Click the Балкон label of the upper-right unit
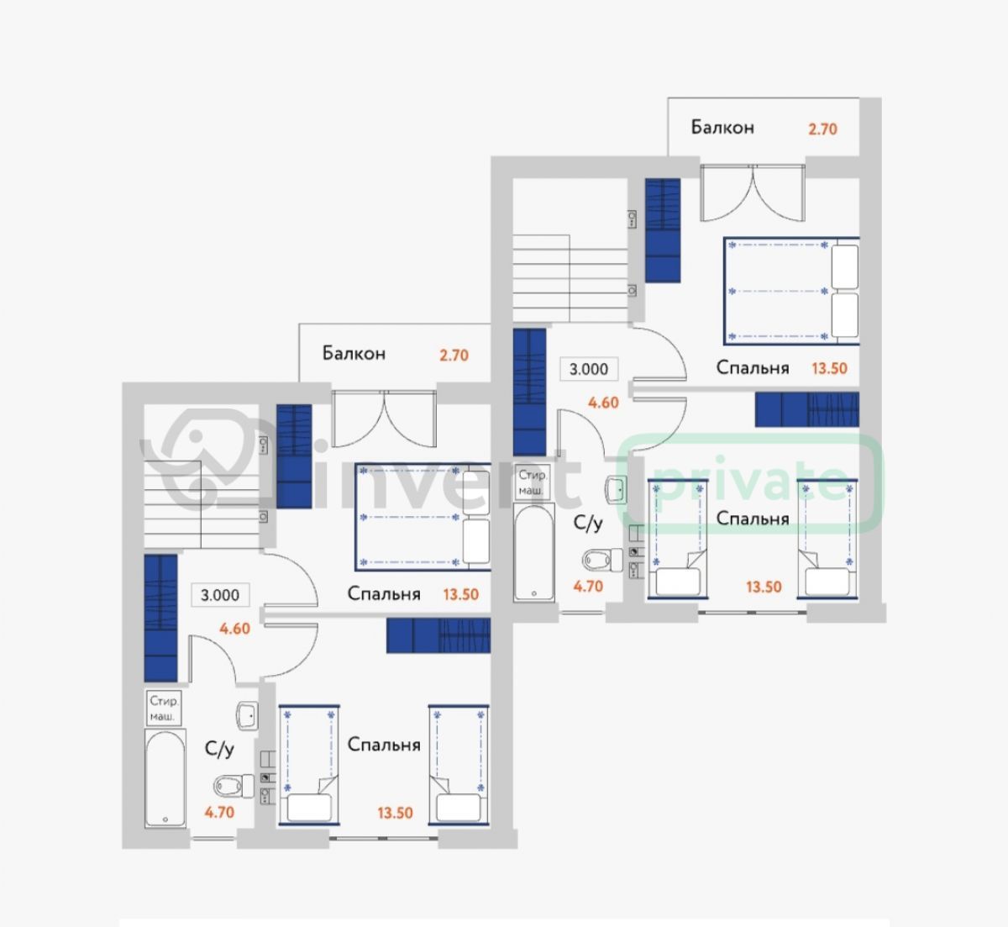point(722,128)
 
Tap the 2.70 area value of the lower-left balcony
point(454,356)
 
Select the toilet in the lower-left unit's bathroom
point(234,786)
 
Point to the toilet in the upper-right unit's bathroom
point(602,560)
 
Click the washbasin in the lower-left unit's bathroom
point(248,715)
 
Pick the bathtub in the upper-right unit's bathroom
point(533,552)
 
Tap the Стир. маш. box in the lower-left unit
point(163,708)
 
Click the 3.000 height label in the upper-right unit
point(589,369)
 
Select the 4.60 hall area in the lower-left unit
point(234,629)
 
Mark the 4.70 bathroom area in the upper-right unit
point(588,587)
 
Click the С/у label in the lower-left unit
point(219,749)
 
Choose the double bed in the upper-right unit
point(791,292)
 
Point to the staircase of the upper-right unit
point(570,278)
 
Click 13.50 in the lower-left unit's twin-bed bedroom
point(396,813)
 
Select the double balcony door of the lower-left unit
point(384,419)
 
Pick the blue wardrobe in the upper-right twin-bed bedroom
point(807,410)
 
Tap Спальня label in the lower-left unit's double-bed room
point(384,594)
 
